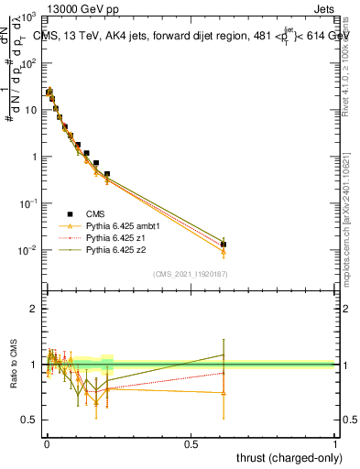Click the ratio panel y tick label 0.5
[30, 420]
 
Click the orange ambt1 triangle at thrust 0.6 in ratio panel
[224, 392]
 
